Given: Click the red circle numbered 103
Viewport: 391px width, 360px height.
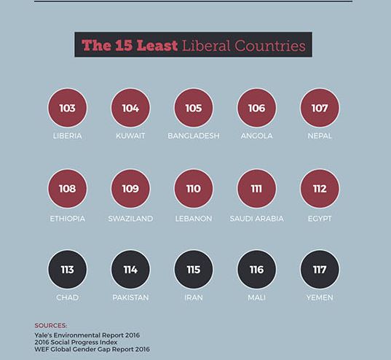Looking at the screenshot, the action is [67, 108].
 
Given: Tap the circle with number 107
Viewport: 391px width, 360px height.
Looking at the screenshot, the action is [320, 108].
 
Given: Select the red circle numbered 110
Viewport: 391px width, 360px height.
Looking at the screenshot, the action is [194, 189].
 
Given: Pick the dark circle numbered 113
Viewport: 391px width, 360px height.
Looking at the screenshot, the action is [67, 270].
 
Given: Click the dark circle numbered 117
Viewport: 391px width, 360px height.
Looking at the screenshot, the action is [320, 270].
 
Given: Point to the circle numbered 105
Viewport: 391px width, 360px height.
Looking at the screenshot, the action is [194, 108].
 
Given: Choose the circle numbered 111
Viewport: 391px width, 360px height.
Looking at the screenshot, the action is [256, 189].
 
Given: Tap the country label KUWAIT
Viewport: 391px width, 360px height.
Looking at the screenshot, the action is [130, 136].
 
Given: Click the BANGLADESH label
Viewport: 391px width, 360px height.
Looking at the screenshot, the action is [194, 136].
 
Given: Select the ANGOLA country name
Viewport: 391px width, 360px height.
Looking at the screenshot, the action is [256, 136].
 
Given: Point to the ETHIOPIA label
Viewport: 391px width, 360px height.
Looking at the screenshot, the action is [67, 219].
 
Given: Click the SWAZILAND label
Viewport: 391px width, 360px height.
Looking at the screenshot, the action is [130, 219].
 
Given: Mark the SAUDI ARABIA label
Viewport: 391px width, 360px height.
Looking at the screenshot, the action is [256, 219].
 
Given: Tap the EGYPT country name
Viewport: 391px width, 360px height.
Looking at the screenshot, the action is [320, 219].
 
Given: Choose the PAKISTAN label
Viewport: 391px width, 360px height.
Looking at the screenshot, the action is [130, 297].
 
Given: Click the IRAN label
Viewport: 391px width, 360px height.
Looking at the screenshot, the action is [194, 297].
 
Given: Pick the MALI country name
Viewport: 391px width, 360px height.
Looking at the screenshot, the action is [256, 297].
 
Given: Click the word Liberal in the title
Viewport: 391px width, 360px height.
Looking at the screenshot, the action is [206, 46].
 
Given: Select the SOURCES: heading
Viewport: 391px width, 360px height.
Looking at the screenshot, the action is [51, 326].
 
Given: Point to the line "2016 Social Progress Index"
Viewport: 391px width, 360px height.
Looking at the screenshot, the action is [76, 342].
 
